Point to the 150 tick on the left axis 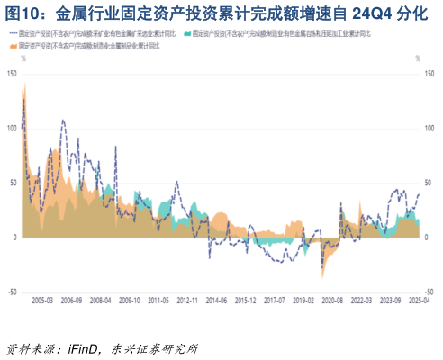tap(12, 73)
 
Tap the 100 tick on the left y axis tap(12, 128)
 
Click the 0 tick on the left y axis tap(15, 238)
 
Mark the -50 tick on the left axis tap(12, 292)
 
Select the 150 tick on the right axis tap(429, 73)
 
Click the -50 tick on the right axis tap(429, 292)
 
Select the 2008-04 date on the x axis tap(100, 300)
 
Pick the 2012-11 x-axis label tap(186, 300)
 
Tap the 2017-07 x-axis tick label tap(274, 300)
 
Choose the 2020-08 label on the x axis tap(332, 300)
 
